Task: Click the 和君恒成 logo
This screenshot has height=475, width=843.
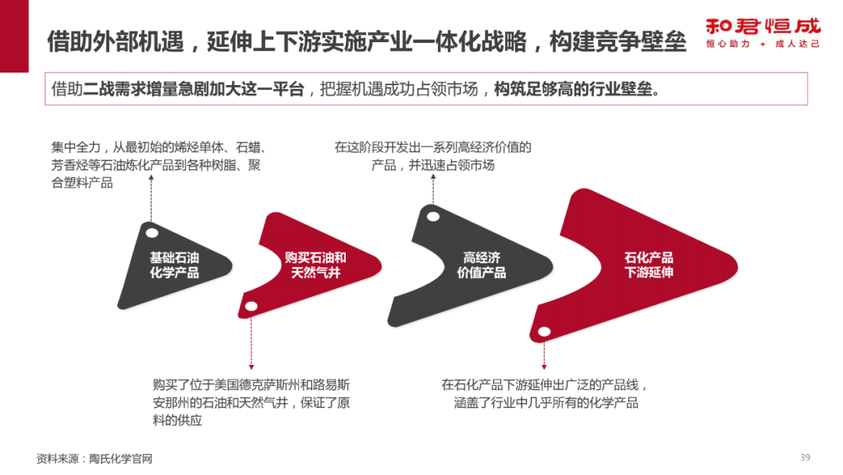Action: click(x=763, y=25)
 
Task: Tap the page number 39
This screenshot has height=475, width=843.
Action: click(x=806, y=457)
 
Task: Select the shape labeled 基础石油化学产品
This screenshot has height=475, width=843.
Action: click(x=174, y=266)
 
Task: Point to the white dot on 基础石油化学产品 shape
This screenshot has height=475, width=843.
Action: click(x=153, y=231)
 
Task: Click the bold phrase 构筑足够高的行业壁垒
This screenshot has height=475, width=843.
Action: click(x=577, y=89)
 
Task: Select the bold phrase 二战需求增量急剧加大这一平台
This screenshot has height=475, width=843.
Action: click(x=194, y=89)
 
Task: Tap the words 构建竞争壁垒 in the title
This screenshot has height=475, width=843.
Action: click(x=617, y=41)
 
